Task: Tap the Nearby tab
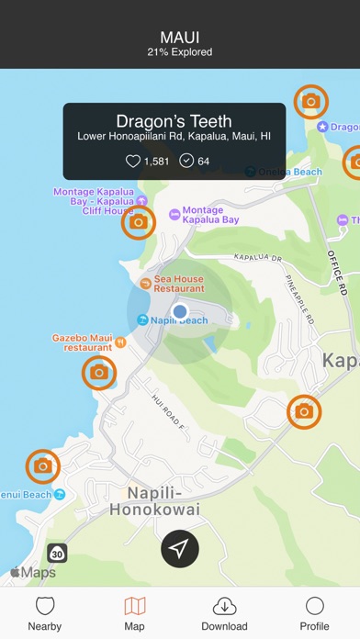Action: click(45, 612)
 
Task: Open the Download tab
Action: click(224, 612)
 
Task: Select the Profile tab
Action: click(314, 612)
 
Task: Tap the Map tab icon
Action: click(134, 606)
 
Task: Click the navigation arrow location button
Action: click(180, 549)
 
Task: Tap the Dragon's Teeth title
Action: click(174, 121)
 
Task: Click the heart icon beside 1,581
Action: click(133, 162)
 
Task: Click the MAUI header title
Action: click(180, 37)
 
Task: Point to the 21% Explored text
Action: click(180, 52)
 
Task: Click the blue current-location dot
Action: click(180, 312)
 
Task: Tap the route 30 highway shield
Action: click(58, 553)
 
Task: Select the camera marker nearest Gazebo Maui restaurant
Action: click(99, 373)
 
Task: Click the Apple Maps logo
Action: click(33, 573)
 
